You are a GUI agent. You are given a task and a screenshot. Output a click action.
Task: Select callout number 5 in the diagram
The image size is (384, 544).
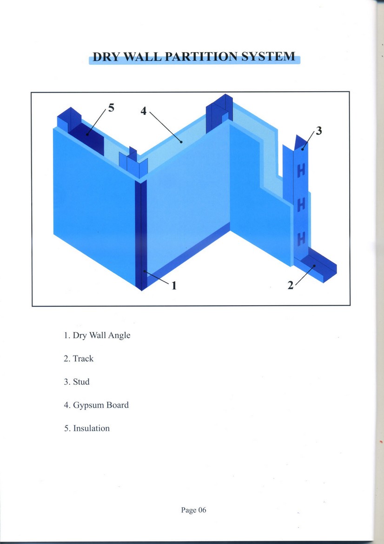click(111, 108)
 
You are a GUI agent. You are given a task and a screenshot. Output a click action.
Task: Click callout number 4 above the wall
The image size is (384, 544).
click(144, 111)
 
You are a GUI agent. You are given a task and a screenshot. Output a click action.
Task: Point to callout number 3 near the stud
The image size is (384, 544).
click(318, 131)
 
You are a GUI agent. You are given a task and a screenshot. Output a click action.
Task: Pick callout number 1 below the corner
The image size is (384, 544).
click(174, 285)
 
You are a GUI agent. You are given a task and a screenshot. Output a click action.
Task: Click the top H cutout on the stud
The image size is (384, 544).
click(301, 171)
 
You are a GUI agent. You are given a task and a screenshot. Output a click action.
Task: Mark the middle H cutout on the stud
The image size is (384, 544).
click(301, 205)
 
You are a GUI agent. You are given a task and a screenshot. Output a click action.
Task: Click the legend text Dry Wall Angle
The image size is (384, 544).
click(97, 335)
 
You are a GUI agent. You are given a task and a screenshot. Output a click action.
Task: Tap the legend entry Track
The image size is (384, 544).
click(79, 358)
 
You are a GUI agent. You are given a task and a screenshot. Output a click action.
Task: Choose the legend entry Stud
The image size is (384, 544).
click(77, 382)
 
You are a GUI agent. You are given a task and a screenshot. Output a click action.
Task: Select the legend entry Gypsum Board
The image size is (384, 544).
click(96, 405)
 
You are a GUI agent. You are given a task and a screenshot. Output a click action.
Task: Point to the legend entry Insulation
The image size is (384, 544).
click(87, 428)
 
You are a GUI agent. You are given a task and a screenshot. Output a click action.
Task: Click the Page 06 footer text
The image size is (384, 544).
click(193, 510)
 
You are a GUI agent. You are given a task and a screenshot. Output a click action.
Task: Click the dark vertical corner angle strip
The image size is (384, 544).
click(141, 233)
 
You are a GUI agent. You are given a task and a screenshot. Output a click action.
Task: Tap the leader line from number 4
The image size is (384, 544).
click(164, 125)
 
